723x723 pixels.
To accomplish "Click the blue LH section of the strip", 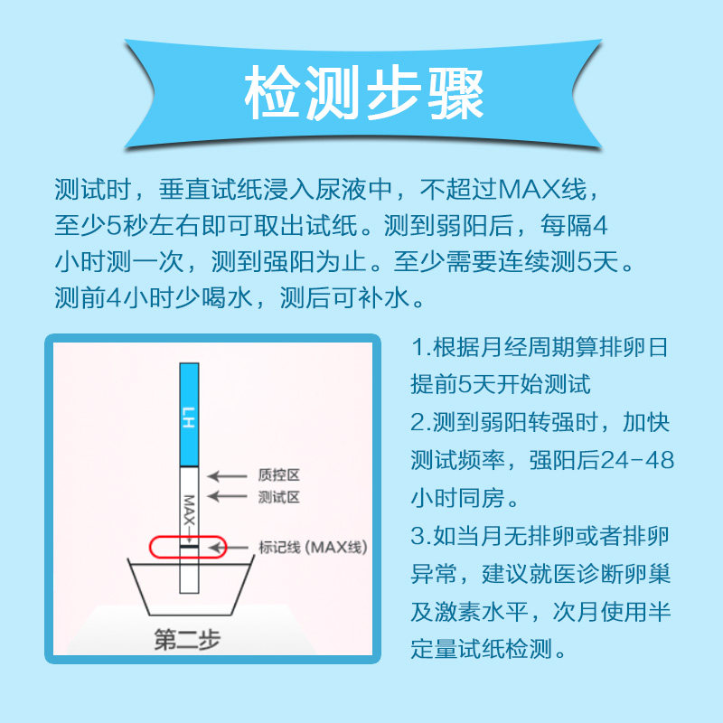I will [x=188, y=412].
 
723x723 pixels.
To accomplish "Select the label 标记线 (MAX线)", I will [x=313, y=548].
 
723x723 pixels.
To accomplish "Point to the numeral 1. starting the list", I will [x=421, y=348].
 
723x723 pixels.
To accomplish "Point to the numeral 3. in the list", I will [x=421, y=536].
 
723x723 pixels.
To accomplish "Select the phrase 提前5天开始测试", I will [x=501, y=384].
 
